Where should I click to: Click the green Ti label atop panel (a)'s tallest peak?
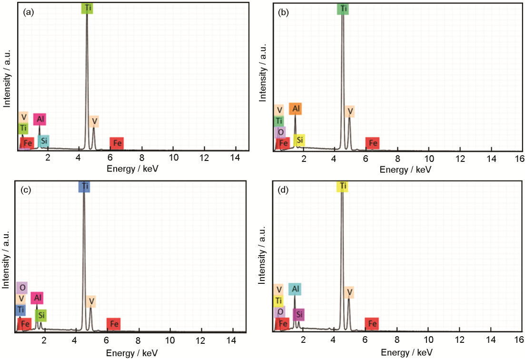tap(87, 8)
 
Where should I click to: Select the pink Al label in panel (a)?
tap(40, 119)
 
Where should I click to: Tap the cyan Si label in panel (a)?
tap(44, 141)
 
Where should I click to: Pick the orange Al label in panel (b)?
tap(295, 109)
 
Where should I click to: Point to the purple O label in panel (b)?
tap(280, 132)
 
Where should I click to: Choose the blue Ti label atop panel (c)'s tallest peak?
tap(84, 187)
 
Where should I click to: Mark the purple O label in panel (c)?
tap(21, 288)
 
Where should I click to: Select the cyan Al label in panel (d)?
tap(295, 289)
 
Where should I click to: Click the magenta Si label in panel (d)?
tap(298, 315)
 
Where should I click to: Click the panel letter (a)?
tap(28, 13)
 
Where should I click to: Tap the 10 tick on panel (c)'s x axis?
tap(169, 341)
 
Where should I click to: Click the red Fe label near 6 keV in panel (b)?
tap(372, 143)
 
